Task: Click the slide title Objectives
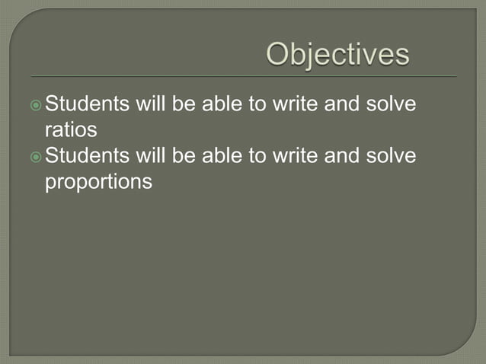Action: [x=337, y=55]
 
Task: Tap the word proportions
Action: [x=99, y=183]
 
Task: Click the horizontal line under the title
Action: [x=244, y=77]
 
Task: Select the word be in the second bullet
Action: [x=184, y=156]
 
